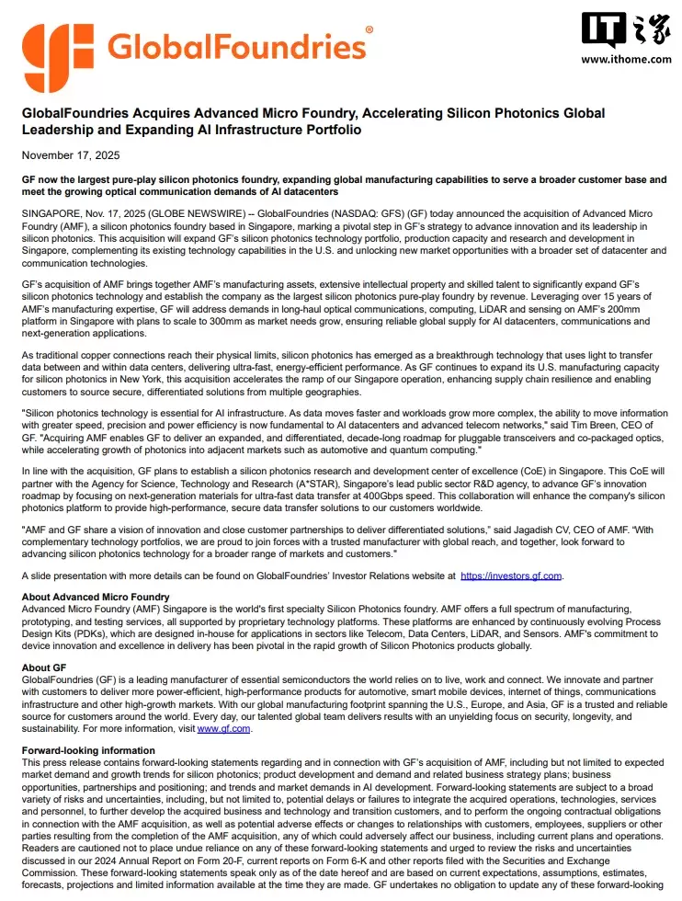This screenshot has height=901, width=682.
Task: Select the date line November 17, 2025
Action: pyautogui.click(x=71, y=154)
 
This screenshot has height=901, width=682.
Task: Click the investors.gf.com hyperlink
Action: pyautogui.click(x=510, y=576)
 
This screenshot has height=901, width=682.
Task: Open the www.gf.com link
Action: pyautogui.click(x=223, y=729)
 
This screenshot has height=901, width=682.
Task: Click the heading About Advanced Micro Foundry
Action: pyautogui.click(x=96, y=598)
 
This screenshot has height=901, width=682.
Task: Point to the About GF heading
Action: pyautogui.click(x=44, y=667)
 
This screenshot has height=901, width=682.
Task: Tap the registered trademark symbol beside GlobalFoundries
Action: pyautogui.click(x=369, y=30)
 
